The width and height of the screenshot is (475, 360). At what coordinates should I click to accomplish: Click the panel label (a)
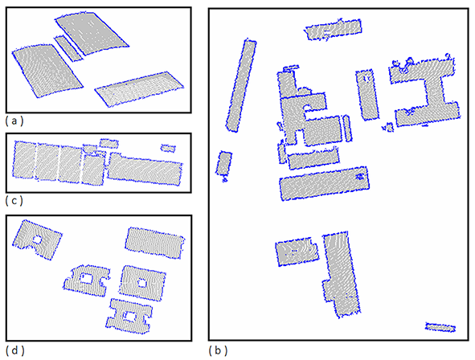click(14, 121)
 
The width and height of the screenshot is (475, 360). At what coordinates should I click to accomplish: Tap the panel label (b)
click(218, 350)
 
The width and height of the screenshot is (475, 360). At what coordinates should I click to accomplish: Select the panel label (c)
click(14, 200)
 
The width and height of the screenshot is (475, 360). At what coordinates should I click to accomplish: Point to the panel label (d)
click(14, 350)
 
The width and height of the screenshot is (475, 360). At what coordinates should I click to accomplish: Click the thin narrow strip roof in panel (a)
click(68, 48)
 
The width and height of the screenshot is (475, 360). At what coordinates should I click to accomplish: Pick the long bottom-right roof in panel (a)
click(139, 88)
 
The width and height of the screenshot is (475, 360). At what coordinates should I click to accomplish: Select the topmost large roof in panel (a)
click(92, 33)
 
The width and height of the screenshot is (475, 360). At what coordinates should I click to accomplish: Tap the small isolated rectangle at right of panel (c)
click(168, 148)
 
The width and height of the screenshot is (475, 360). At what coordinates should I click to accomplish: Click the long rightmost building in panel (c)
click(145, 169)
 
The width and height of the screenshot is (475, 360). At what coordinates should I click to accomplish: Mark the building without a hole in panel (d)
click(155, 243)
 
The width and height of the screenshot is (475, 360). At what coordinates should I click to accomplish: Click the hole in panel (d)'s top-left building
click(37, 239)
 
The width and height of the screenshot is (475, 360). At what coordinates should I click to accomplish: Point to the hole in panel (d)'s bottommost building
click(131, 316)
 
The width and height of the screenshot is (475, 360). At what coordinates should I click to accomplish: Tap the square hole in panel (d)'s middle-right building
click(142, 283)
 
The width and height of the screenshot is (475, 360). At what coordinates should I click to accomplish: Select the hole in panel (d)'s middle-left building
click(87, 278)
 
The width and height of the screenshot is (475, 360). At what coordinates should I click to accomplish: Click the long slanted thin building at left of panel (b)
click(241, 85)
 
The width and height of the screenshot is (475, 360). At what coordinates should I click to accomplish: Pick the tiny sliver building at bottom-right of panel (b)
click(440, 327)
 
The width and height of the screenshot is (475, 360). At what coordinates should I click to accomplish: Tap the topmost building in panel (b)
click(334, 30)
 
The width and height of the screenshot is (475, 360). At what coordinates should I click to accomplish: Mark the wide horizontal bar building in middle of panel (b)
click(325, 183)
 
